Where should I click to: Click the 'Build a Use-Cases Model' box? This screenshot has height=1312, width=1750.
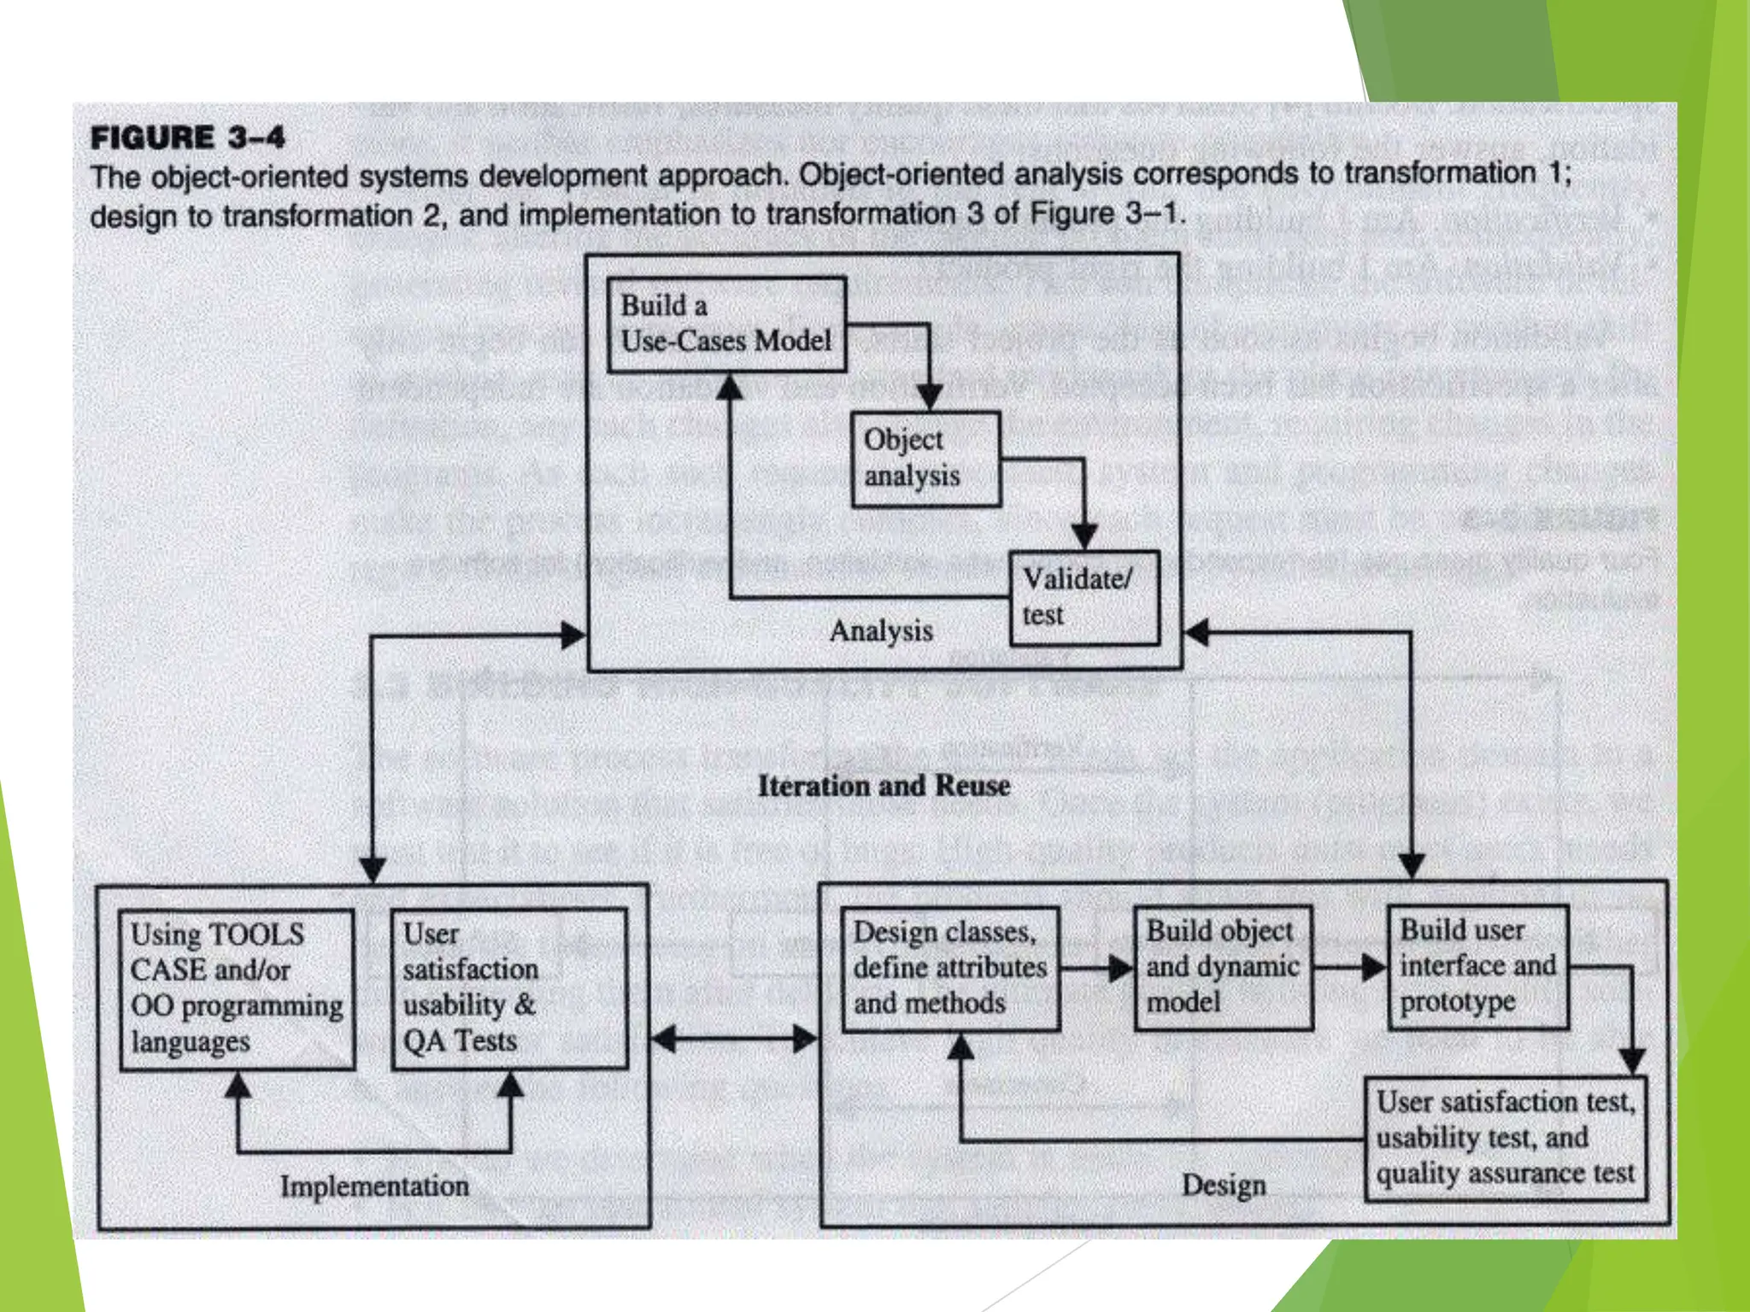tap(726, 324)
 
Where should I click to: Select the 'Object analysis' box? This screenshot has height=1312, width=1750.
tap(926, 459)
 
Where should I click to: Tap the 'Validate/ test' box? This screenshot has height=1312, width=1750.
tap(1084, 597)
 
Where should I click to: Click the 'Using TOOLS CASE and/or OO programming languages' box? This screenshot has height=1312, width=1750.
tap(237, 989)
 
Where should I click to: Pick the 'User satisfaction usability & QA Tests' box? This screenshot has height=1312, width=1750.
tap(509, 988)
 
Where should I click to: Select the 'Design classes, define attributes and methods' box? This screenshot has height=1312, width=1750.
tap(950, 969)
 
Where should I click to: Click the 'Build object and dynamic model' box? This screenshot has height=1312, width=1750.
tap(1223, 967)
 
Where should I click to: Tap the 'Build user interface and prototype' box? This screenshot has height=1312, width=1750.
tap(1477, 966)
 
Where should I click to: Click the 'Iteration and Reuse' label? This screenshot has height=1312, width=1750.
tap(884, 786)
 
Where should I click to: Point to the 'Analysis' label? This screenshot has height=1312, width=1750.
tap(881, 631)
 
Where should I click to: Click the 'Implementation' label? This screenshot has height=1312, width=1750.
tap(374, 1186)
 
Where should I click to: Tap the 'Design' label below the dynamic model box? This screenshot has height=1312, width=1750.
tap(1224, 1185)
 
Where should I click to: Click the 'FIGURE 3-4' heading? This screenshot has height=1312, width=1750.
tap(188, 138)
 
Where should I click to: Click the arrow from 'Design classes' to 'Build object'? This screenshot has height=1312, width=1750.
tap(1097, 968)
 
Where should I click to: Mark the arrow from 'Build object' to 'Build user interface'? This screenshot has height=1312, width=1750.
tap(1350, 967)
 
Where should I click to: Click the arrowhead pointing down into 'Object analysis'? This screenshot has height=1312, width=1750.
tap(929, 396)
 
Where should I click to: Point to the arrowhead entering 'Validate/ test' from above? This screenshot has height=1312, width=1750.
tap(1083, 536)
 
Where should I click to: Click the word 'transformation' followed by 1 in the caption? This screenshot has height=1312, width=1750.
tap(1439, 173)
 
